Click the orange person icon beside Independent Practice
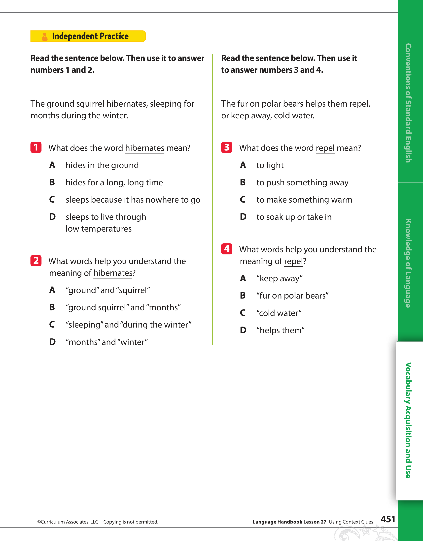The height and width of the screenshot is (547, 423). point(45,37)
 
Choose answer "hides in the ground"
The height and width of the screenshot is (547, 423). point(102,165)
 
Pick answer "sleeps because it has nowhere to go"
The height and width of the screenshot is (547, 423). point(133,200)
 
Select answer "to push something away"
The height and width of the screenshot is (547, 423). point(302,183)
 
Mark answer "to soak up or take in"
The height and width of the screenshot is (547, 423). point(294,217)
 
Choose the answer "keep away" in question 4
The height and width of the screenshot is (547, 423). point(279,278)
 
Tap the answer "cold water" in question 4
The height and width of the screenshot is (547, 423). point(279,313)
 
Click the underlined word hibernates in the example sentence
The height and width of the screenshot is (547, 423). point(126,104)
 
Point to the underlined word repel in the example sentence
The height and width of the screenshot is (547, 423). point(359,104)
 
